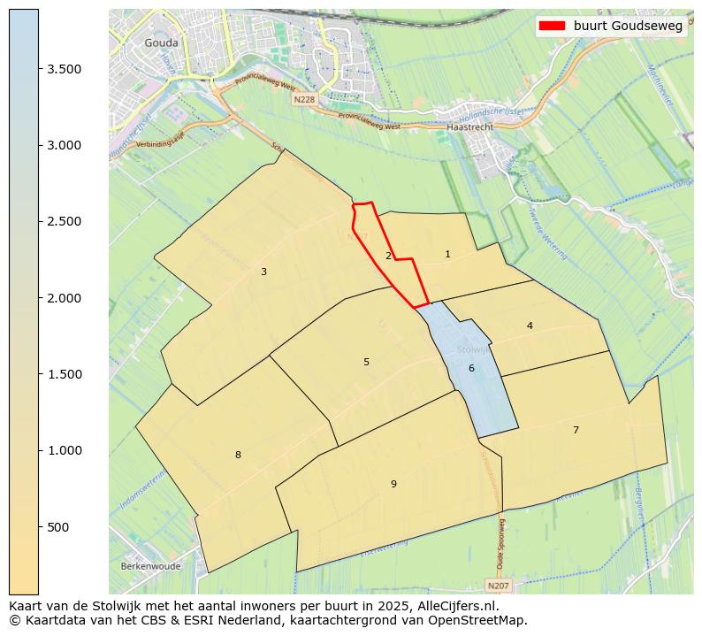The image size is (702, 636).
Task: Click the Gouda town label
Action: tap(161, 42)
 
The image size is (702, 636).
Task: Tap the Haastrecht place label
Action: tap(470, 126)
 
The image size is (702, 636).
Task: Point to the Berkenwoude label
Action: tap(150, 566)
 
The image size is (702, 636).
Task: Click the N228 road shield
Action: tap(304, 100)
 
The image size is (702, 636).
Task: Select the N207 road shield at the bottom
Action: tap(498, 586)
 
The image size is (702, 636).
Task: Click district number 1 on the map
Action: tap(447, 255)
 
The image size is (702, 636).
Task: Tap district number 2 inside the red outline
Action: tap(388, 257)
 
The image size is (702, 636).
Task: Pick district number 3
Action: tap(263, 272)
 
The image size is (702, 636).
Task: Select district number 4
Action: tap(530, 326)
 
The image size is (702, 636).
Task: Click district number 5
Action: tap(366, 362)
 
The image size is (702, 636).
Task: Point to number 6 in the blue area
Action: tap(471, 368)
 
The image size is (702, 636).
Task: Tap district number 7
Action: tap(576, 430)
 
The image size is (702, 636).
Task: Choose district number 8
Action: tap(238, 455)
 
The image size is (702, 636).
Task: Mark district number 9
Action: tap(393, 484)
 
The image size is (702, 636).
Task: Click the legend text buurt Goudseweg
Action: tap(628, 27)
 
